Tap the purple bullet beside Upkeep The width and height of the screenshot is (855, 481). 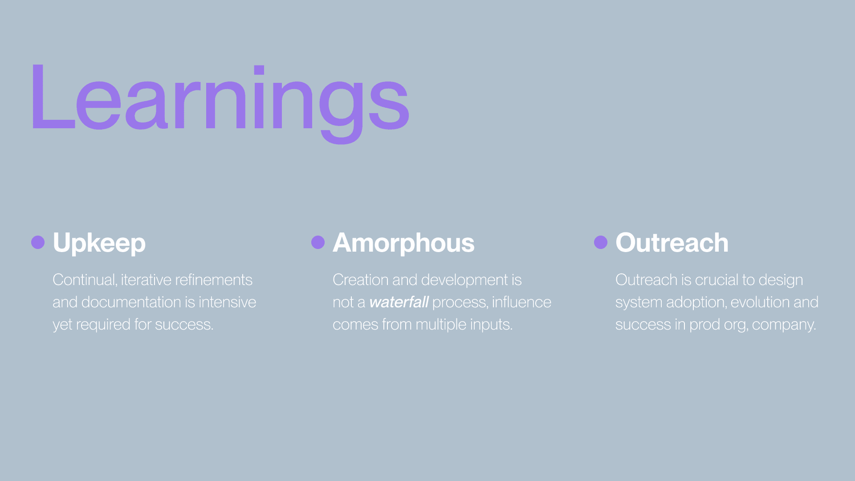click(38, 242)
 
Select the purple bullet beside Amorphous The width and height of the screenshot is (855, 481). click(318, 242)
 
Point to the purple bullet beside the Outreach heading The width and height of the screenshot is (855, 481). click(601, 242)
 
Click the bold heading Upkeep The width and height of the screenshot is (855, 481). click(99, 243)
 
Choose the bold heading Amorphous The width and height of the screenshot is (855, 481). click(403, 243)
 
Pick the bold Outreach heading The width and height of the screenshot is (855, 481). click(672, 243)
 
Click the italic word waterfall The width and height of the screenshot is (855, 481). click(399, 302)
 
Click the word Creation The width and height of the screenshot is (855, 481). click(361, 280)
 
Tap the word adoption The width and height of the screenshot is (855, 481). click(696, 302)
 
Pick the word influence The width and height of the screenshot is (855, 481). click(521, 302)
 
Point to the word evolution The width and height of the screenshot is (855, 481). click(760, 302)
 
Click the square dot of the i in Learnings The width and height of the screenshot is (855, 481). click(259, 69)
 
